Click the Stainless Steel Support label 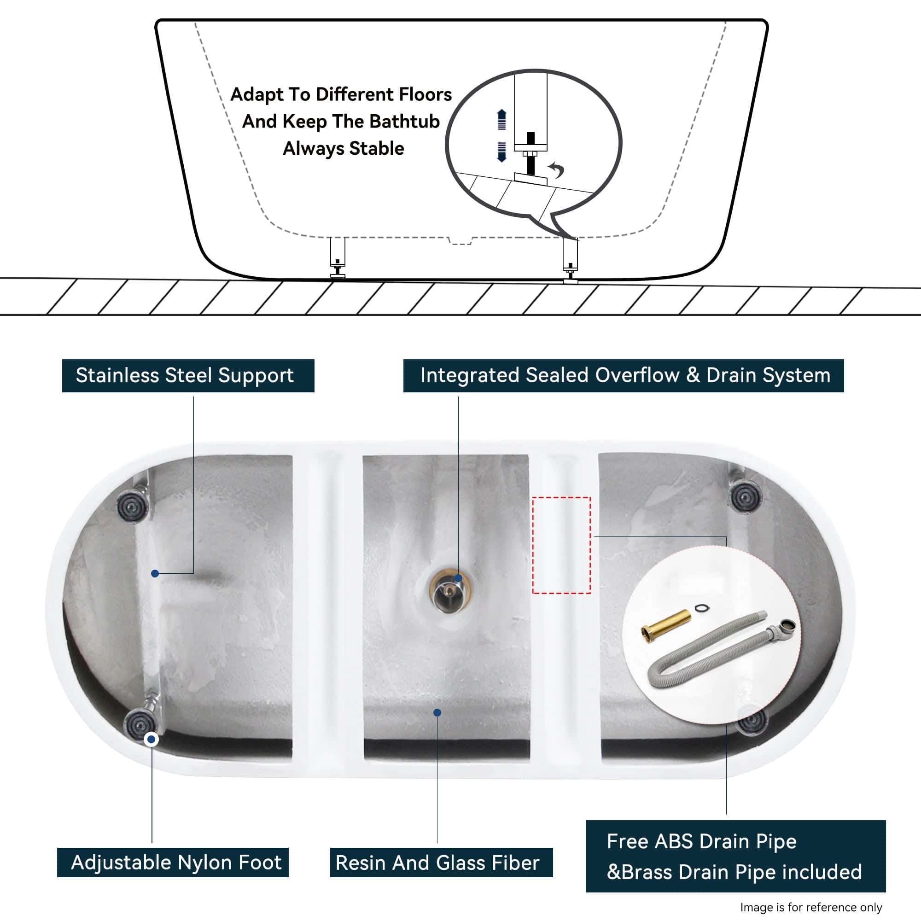coord(188,376)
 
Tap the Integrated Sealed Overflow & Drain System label coord(624,376)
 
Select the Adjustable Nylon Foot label coord(173,863)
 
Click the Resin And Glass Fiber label coord(441,863)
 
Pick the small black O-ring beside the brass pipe coord(701,608)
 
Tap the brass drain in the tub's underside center coord(450,592)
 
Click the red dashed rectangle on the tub coord(561,545)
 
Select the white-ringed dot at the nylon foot coord(152,740)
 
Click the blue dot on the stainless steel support coord(155,573)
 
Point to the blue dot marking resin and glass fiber coord(437,713)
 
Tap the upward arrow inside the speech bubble coord(501,119)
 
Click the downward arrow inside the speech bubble coord(501,152)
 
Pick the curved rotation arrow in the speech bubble coord(557,169)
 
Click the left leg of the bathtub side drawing coord(338,257)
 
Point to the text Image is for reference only coord(811,907)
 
